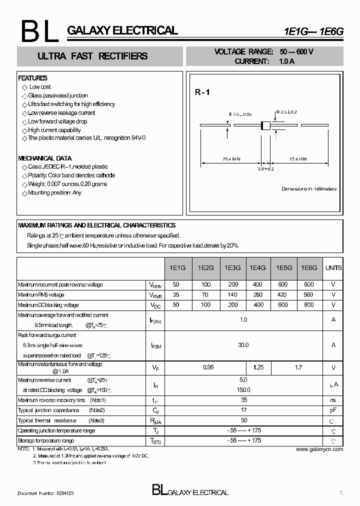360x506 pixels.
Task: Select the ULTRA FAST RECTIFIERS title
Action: (x=92, y=56)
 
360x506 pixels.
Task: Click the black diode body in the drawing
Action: (x=265, y=126)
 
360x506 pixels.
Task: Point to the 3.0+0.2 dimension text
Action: (x=265, y=169)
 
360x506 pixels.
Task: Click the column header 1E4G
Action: (x=257, y=268)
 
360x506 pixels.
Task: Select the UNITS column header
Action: (x=333, y=268)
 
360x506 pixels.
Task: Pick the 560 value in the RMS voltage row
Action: (x=308, y=295)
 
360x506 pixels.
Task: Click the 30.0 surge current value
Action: (x=243, y=345)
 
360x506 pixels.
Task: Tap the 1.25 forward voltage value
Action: (x=258, y=367)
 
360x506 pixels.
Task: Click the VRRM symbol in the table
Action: (x=156, y=285)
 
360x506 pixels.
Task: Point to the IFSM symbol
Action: (x=156, y=345)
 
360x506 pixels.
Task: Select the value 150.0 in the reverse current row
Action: (x=243, y=390)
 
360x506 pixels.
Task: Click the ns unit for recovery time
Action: (x=333, y=400)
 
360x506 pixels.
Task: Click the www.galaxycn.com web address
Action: (x=320, y=449)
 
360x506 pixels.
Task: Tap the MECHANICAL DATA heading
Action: (x=44, y=158)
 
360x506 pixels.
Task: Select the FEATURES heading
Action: (x=32, y=78)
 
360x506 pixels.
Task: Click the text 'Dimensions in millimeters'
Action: (x=308, y=189)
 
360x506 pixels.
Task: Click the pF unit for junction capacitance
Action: (x=333, y=410)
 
